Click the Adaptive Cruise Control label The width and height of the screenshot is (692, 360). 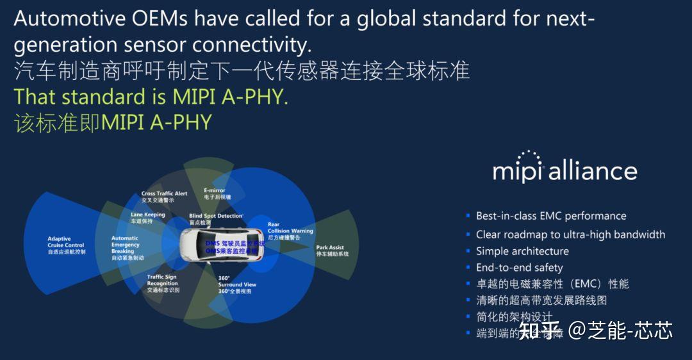pos(66,245)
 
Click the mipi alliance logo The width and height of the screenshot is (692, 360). pos(564,168)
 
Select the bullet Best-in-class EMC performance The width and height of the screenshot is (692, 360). pos(550,216)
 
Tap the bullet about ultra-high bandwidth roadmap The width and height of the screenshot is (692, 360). pos(570,234)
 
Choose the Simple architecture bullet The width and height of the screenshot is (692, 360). pos(522,251)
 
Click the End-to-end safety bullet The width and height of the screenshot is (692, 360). pos(519,268)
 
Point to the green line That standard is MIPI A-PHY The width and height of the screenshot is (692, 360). pos(151,97)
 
